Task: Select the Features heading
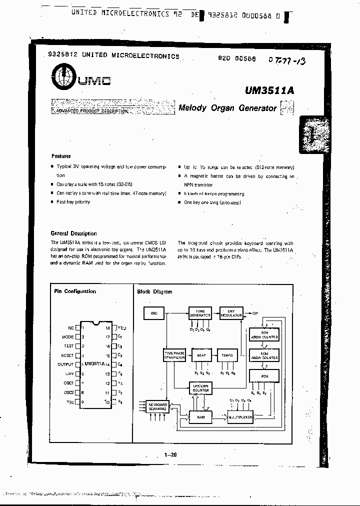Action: tap(61, 156)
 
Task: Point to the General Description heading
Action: tap(74, 233)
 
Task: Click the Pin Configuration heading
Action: tap(75, 291)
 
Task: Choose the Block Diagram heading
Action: tap(154, 292)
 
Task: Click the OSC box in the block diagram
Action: tap(154, 314)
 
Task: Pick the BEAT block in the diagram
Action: tap(201, 356)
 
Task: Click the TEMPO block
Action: tap(227, 356)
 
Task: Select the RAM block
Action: tap(200, 416)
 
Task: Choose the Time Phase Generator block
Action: tap(174, 355)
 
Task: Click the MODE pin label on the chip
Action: tap(67, 337)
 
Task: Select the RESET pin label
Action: tap(67, 355)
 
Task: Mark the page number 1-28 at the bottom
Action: tap(171, 454)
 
